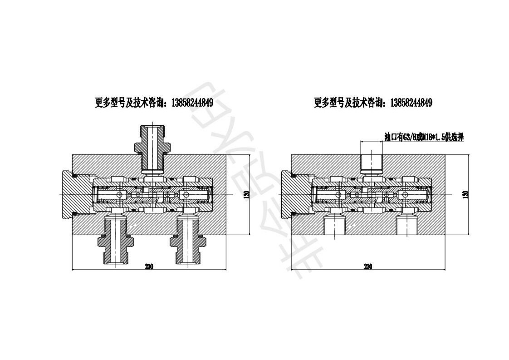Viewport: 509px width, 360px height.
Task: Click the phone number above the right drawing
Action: pos(410,103)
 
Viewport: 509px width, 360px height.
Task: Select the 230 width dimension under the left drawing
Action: pos(149,266)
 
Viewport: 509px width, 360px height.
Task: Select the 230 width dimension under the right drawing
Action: pos(368,266)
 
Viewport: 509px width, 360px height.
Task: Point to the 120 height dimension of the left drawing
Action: pos(247,194)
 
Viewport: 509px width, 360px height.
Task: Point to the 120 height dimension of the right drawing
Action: pos(465,194)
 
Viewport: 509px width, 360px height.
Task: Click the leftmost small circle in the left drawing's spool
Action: pos(119,195)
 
